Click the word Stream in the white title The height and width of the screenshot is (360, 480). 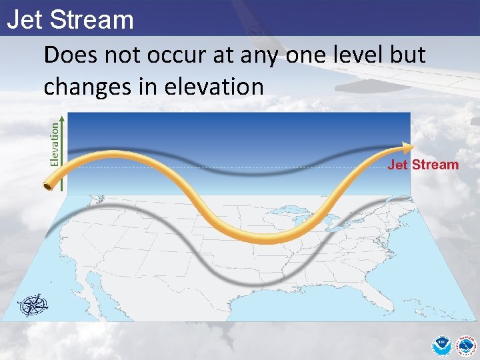pos(92,20)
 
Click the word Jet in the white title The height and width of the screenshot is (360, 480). pos(26,20)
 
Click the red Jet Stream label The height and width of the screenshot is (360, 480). pos(423,165)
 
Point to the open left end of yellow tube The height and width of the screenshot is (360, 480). pos(49,185)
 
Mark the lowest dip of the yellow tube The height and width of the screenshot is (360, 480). pos(262,239)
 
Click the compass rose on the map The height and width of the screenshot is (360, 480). pos(33,305)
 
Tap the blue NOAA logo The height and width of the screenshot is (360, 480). pos(441,345)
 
